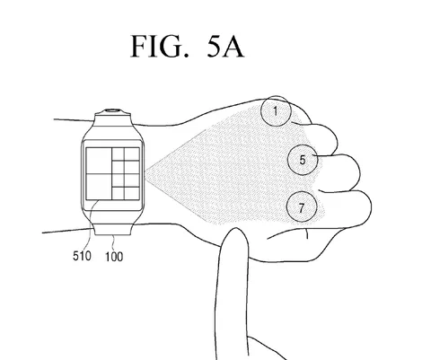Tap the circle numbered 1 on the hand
[276, 110]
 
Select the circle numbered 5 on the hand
[303, 160]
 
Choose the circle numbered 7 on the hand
[302, 206]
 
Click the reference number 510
[82, 256]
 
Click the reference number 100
[114, 257]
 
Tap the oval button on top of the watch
[112, 110]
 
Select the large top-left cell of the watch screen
[99, 161]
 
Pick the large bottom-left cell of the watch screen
[99, 187]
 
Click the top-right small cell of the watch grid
[132, 154]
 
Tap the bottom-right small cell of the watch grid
[132, 193]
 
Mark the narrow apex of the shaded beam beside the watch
[145, 173]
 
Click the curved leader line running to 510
[91, 224]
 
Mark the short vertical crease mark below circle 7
[306, 233]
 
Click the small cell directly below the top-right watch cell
[132, 167]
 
